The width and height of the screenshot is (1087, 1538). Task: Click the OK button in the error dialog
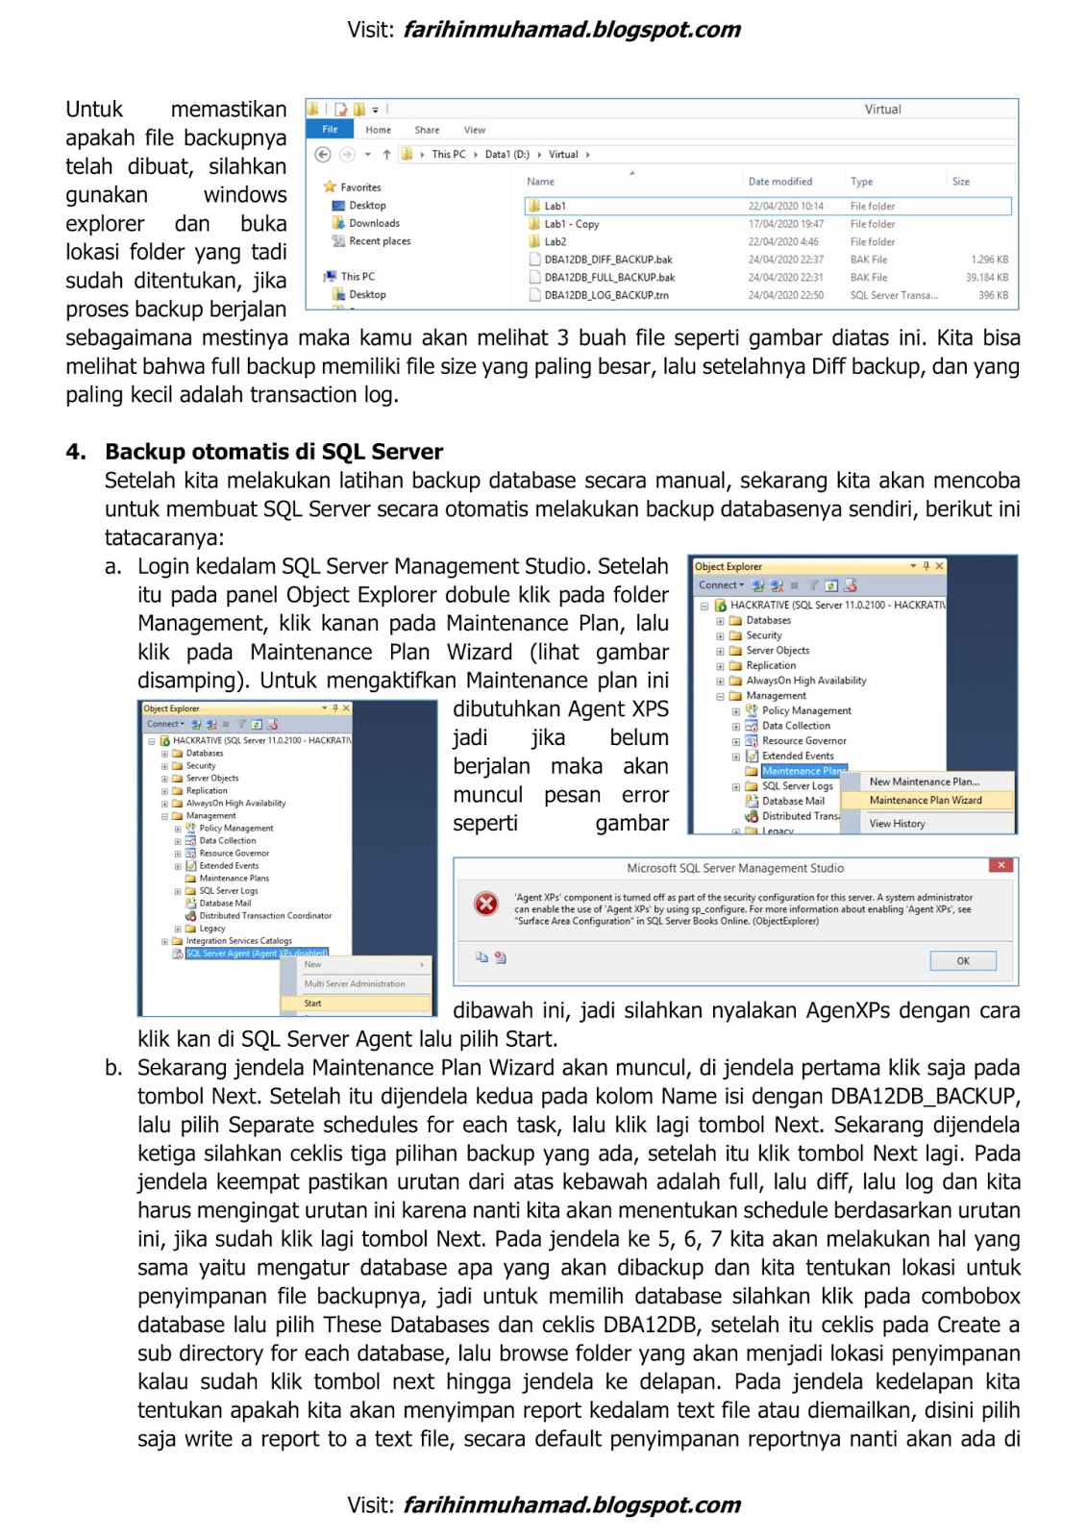(x=962, y=960)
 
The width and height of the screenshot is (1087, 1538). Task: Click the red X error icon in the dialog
(x=486, y=904)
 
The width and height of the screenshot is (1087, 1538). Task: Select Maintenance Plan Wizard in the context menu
(x=925, y=800)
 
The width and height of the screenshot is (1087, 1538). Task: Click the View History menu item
(x=897, y=824)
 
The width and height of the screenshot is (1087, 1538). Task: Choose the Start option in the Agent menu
(x=313, y=1003)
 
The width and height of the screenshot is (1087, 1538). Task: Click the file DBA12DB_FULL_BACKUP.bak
(x=608, y=277)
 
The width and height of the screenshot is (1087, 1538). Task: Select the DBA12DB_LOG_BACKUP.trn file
(x=605, y=295)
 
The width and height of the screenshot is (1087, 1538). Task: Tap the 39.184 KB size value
(x=986, y=277)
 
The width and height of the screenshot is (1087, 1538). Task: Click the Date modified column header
(x=779, y=181)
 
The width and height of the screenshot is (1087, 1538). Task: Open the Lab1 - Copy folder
(x=571, y=224)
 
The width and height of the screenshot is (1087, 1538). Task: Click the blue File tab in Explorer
(x=330, y=129)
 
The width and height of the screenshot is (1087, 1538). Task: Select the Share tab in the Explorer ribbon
(x=427, y=130)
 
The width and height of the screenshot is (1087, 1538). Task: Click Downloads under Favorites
(x=373, y=223)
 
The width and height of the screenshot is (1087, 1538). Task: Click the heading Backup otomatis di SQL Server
(x=274, y=452)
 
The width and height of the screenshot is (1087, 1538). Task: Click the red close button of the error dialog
(x=1001, y=866)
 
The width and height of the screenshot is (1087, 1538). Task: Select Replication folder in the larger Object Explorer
(x=770, y=665)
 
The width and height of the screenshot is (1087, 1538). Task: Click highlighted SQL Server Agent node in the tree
(x=256, y=954)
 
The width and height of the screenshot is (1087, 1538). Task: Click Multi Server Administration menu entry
(x=354, y=983)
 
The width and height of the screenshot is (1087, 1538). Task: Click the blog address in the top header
(x=571, y=29)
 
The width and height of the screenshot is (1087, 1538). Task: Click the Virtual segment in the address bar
(x=563, y=154)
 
